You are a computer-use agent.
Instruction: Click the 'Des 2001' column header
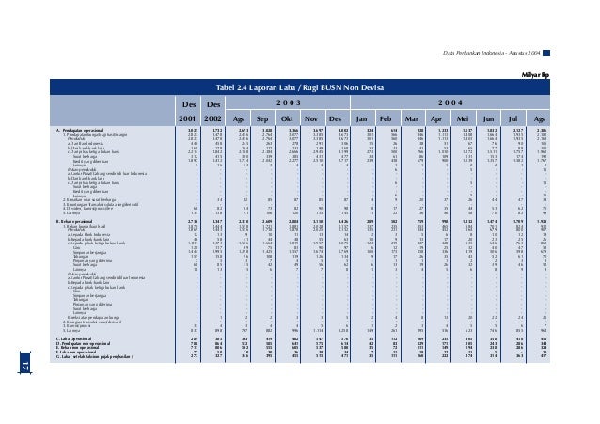(x=191, y=109)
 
